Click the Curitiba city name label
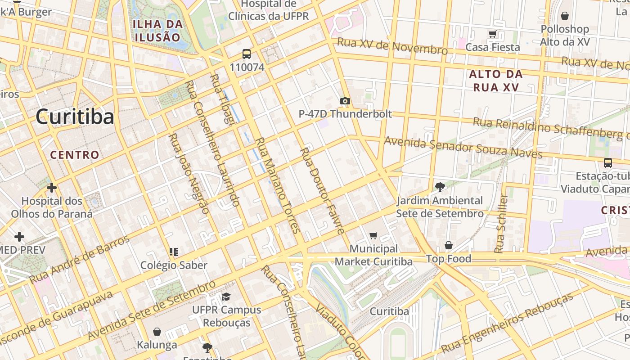coord(75,117)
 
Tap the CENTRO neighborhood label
coord(75,155)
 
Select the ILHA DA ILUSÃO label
coord(157,31)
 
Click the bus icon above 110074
coord(247,54)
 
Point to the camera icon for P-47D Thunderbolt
coord(345,101)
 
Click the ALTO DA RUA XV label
coord(496,81)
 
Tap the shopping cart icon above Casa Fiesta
coord(493,34)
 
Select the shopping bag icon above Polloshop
coord(565,16)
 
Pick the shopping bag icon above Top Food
coord(449,245)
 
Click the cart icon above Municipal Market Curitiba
coord(373,235)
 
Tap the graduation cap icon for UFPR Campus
coord(226,297)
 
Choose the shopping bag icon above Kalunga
coord(157,332)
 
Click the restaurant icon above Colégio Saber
coord(174,252)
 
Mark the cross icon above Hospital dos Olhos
coord(52,187)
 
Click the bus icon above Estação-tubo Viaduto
coord(607,163)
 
